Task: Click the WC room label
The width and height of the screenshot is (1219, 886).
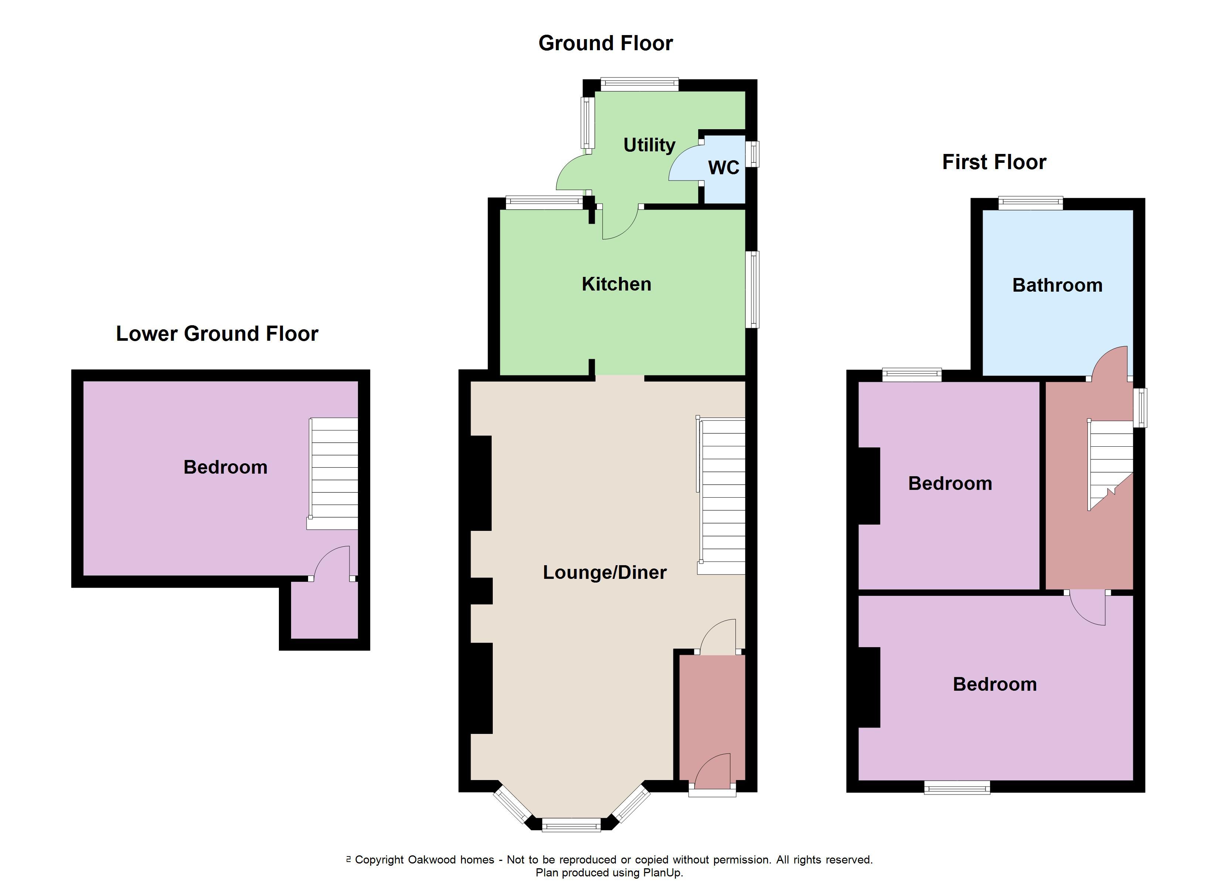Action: coord(723,168)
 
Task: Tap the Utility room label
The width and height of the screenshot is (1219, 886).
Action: coord(649,145)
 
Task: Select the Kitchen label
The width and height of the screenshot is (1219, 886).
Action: coord(617,284)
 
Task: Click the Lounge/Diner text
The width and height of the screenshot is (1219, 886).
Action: coord(605,572)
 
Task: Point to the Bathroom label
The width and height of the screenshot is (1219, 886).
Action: coord(1057,285)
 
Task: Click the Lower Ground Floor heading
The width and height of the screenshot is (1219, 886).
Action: coord(217,334)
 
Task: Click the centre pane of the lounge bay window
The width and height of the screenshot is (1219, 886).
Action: coord(571,825)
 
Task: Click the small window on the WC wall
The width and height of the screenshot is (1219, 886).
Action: coord(755,154)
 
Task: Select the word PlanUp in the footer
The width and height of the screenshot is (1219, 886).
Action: coord(661,873)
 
